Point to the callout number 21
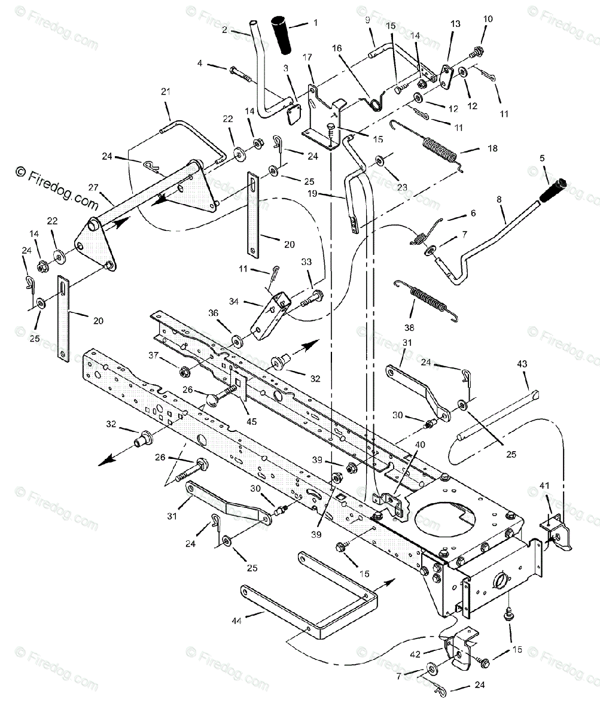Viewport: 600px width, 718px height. [x=166, y=92]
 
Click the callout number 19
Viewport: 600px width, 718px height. [x=330, y=194]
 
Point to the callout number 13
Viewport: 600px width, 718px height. [x=456, y=25]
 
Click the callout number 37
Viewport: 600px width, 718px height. [x=153, y=355]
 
